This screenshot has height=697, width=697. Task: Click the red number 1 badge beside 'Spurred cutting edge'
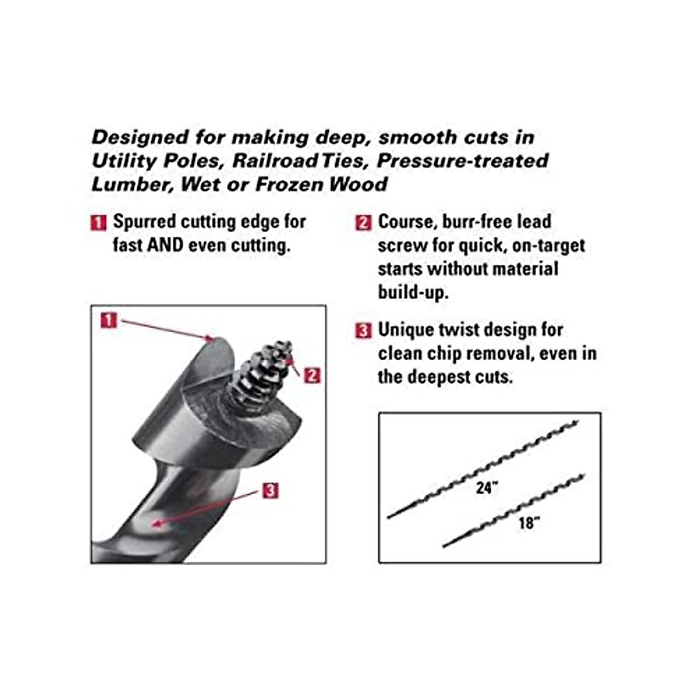[x=99, y=222]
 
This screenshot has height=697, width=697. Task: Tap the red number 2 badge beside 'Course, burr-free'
[x=364, y=222]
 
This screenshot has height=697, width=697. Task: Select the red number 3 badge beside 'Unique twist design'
[x=364, y=330]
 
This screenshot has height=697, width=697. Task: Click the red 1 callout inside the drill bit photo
[x=109, y=319]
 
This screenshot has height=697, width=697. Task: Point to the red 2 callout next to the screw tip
[x=312, y=375]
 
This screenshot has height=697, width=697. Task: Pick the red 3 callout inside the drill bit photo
[x=270, y=491]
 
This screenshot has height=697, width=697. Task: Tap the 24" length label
[x=487, y=488]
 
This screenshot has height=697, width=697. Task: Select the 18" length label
[x=529, y=523]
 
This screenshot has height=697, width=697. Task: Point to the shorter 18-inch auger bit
[x=514, y=511]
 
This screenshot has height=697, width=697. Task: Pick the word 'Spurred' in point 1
[x=145, y=222]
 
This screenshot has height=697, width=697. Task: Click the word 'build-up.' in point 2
[x=413, y=292]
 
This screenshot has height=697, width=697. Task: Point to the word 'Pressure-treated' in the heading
[x=462, y=161]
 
